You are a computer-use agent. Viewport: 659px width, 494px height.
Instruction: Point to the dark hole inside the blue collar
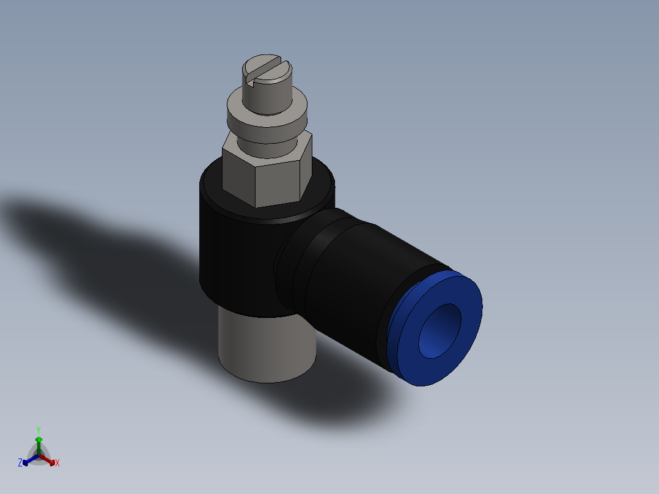point(440,330)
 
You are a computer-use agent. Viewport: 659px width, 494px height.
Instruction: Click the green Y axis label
point(39,430)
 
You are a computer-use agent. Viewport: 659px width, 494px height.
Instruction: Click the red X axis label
point(57,463)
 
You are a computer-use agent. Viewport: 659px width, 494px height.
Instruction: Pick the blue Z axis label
point(20,463)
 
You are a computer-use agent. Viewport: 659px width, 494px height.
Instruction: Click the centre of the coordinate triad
point(39,455)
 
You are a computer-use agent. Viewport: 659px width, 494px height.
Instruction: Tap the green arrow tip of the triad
point(39,439)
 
